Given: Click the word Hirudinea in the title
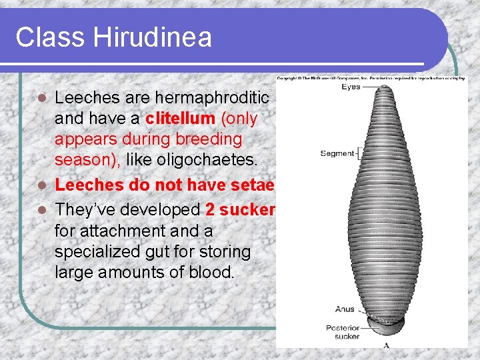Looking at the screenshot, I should (x=153, y=37).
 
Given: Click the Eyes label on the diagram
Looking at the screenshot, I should (x=351, y=87).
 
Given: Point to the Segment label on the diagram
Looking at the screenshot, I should (x=337, y=153).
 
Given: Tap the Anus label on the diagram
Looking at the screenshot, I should (x=345, y=309).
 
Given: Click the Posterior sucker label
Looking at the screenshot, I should (x=343, y=332).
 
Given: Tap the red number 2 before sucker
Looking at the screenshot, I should (x=210, y=209).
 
